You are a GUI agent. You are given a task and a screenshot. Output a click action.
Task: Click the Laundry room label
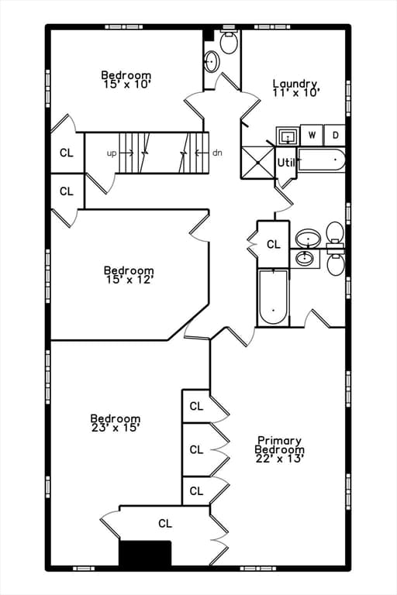(295, 84)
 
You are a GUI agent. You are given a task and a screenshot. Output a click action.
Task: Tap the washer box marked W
(312, 135)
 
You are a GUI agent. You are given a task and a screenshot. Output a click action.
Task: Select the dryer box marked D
(335, 135)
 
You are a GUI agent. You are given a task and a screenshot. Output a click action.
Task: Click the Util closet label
(286, 163)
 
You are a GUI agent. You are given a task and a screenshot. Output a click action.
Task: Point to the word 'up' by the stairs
(112, 153)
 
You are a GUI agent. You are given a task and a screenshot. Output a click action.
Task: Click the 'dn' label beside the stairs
(217, 153)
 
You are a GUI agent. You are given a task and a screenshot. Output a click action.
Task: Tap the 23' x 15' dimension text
(116, 428)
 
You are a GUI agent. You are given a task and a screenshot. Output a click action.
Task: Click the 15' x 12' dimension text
(129, 280)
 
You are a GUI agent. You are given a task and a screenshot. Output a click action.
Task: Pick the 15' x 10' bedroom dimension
(126, 84)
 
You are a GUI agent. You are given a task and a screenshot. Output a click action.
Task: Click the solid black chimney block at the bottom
(145, 553)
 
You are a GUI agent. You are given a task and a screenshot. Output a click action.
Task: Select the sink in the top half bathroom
(211, 61)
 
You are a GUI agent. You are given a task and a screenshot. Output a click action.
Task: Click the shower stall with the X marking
(257, 163)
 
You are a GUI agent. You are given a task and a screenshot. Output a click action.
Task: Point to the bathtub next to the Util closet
(321, 160)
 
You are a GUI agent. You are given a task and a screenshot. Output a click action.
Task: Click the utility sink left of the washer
(288, 136)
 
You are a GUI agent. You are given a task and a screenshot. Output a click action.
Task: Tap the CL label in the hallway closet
(273, 244)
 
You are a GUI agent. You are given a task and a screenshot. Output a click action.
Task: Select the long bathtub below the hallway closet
(274, 297)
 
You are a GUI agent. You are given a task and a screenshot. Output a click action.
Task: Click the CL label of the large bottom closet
(165, 524)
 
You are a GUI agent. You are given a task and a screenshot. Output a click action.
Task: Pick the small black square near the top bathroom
(208, 35)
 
